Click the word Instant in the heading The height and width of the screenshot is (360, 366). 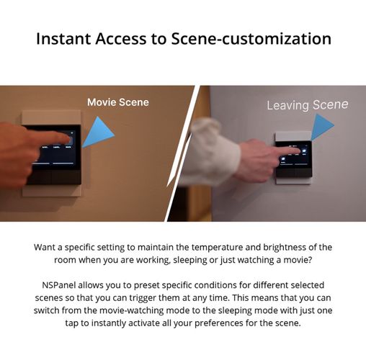pos(63,39)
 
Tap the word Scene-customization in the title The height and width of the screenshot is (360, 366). pos(251,39)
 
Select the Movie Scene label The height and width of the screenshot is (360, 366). pos(118,102)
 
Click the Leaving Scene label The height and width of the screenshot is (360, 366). pos(308,105)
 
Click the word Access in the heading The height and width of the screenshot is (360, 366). pos(120,39)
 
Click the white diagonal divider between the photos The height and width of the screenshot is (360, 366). pos(182,153)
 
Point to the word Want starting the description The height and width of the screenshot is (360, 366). pos(44,248)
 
